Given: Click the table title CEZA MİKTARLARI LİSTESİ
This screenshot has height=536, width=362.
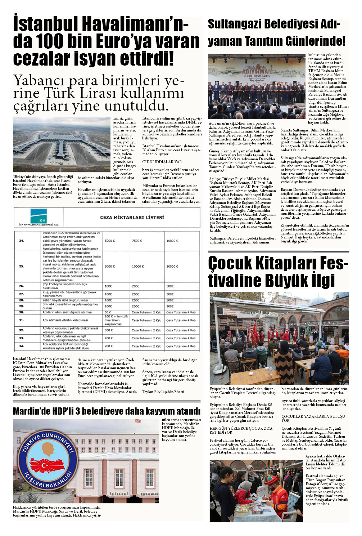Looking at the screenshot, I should tap(132, 218).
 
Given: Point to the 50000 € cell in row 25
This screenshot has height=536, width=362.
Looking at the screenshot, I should tap(172, 267).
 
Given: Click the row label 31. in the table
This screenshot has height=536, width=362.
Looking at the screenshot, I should tap(21, 320).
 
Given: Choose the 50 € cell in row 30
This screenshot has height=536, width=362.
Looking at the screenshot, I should tap(108, 312).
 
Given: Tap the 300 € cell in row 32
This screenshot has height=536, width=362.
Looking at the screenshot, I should tap(108, 330).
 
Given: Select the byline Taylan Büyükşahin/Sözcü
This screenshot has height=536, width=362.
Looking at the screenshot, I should tap(163, 392).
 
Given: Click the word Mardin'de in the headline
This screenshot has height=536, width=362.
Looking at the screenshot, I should tap(31, 411).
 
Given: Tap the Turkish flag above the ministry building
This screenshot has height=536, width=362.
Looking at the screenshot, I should tap(137, 421).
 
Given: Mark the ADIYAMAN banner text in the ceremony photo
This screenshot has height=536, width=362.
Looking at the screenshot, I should tap(257, 71).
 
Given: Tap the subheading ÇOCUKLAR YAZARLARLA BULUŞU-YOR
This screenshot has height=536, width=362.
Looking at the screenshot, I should tap(313, 418).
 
